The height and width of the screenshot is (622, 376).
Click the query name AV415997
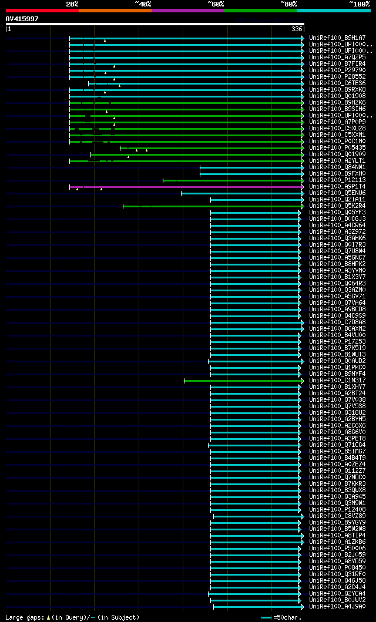coord(22,19)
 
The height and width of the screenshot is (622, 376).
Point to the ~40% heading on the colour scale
coord(143,4)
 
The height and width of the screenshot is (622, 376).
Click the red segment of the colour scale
coord(42,10)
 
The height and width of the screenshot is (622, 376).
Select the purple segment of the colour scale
coord(188,10)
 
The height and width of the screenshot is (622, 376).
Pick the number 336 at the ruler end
coord(297,29)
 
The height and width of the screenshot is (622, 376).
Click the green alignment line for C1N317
coord(241,381)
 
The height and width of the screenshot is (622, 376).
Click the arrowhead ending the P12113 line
coord(303,180)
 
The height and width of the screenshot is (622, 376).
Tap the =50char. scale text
coord(287,617)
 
